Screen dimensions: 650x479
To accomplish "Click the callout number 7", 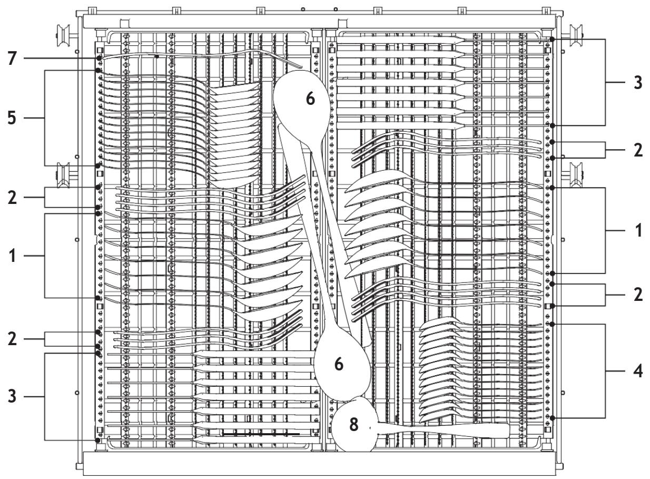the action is pos(12,58).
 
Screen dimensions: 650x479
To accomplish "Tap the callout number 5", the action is pos(12,118).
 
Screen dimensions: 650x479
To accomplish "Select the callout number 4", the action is pos(637,372).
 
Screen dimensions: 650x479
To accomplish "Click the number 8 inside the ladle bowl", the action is pos(354,425).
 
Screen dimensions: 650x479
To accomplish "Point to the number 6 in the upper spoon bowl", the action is pos(310,99).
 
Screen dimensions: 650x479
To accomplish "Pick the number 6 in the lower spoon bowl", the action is pos(339,364).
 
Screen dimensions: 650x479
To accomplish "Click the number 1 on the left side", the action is pos(12,256).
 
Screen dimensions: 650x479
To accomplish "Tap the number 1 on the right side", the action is pos(638,231).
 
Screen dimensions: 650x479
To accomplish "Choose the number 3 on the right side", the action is pos(638,82).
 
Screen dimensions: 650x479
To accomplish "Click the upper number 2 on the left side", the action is pos(12,198).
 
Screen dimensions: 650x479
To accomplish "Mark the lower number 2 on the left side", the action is pos(12,339).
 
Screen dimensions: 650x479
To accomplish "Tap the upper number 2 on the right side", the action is pos(638,150).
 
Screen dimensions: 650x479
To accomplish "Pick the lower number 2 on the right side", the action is pos(638,295).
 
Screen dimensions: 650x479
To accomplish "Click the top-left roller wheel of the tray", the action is pos(64,36).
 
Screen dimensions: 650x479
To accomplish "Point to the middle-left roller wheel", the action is pos(64,174).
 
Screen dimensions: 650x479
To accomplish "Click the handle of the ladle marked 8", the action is pos(444,431).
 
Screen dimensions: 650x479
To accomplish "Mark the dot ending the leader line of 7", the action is pos(99,58).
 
